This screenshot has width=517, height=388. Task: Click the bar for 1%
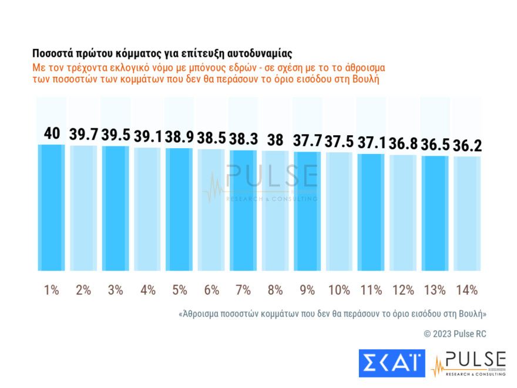[x=52, y=208]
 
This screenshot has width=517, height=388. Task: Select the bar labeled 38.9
[x=179, y=209]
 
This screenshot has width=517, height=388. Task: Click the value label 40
[x=52, y=133]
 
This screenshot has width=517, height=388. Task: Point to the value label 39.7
[x=83, y=135]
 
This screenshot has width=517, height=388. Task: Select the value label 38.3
[x=243, y=140]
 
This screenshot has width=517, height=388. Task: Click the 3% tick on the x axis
[x=115, y=290]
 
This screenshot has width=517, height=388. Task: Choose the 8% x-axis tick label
[x=275, y=290]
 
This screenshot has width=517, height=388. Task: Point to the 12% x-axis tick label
[x=402, y=290]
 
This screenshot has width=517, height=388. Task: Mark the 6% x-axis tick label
[x=211, y=290]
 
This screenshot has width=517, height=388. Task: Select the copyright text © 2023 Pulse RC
[x=455, y=334]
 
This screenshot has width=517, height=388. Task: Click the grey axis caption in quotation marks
[x=332, y=313]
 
